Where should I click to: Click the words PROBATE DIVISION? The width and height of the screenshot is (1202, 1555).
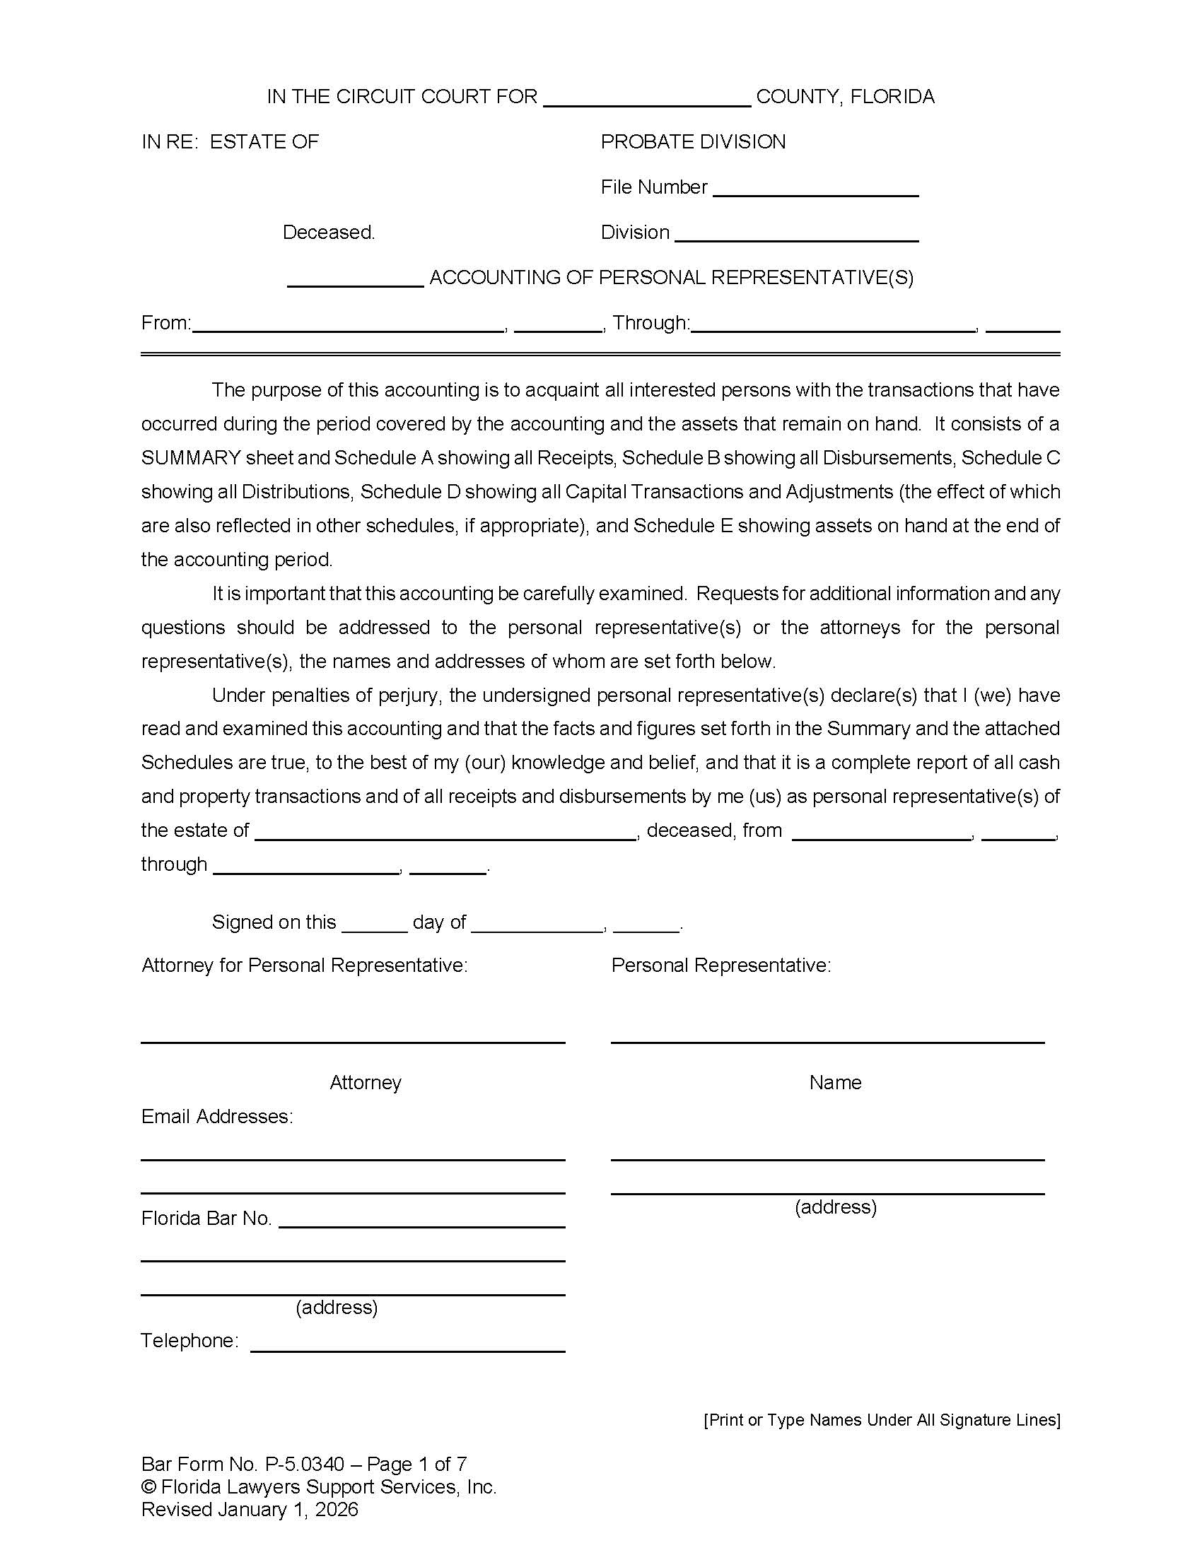coord(693,142)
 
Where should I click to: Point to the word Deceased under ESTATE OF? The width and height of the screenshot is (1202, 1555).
coord(328,233)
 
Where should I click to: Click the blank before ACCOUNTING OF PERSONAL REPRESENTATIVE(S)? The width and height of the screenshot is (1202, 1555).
coord(356,281)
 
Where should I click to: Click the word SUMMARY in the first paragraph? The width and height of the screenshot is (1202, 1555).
coord(191,458)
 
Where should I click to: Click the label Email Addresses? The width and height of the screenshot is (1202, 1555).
coord(217,1116)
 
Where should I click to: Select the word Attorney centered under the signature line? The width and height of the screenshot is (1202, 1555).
coord(366,1083)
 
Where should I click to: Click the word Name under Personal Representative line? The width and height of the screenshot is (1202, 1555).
coord(834,1083)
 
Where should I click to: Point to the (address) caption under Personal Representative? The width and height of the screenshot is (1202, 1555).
coord(835,1207)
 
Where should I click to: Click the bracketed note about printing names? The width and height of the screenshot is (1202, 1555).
coord(882,1420)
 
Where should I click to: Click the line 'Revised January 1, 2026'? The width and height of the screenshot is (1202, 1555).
coord(249,1510)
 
